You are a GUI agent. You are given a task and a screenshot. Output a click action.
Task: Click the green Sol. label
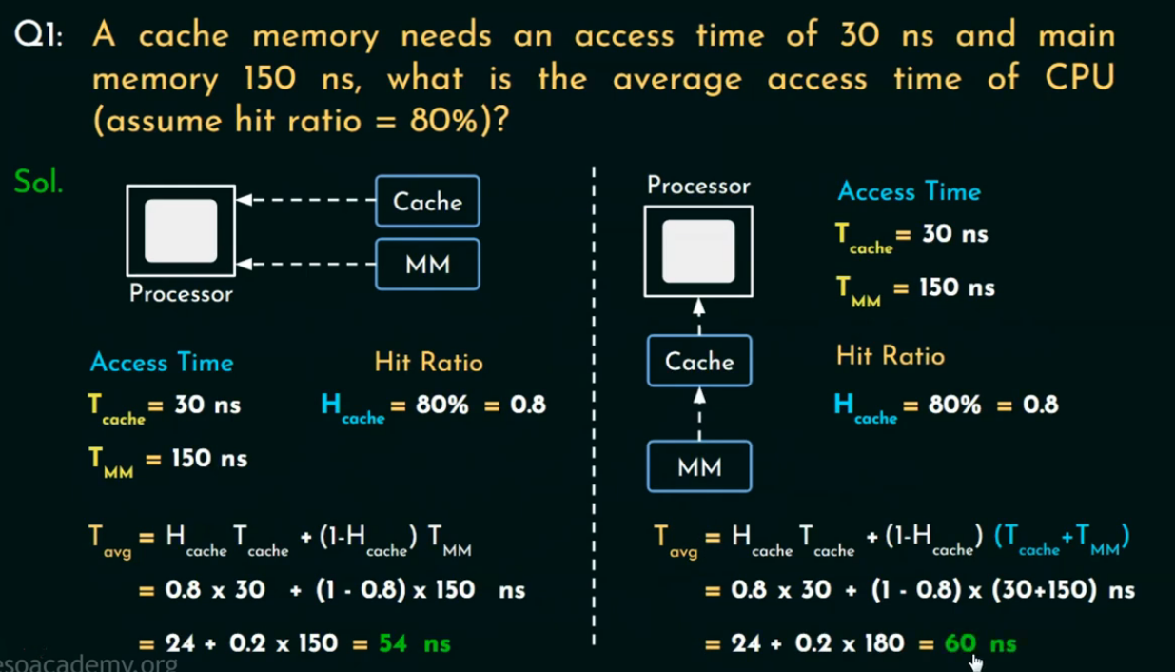coord(38,182)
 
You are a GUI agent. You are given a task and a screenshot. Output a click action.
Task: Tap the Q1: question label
coord(38,37)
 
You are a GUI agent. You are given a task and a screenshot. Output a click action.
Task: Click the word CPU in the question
coord(1078,78)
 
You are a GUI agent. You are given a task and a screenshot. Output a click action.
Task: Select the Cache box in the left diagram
coord(427,201)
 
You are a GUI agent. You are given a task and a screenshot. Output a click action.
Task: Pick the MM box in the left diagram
coord(427,264)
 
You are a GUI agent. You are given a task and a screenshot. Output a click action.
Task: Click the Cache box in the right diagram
coord(699,361)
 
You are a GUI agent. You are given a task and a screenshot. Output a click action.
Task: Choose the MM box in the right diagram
coord(699,466)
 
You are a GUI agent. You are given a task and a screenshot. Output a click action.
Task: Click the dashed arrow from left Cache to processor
coord(305,201)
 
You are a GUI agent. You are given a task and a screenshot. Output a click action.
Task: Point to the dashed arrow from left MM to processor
coord(305,264)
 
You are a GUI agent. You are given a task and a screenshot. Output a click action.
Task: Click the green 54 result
coord(393,643)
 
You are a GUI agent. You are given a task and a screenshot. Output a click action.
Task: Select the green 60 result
coord(960,643)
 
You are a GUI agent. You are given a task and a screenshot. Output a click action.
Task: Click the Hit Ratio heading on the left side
coord(428,363)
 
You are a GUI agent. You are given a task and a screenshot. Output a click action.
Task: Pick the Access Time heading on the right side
coord(909,191)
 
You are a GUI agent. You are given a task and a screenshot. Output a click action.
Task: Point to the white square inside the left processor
coord(181,230)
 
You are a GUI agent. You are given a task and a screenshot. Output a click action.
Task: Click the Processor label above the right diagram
coord(698,186)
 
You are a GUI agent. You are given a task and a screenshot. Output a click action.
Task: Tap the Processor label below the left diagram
coord(181,294)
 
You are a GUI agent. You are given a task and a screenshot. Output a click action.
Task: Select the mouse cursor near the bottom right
coord(975,662)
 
